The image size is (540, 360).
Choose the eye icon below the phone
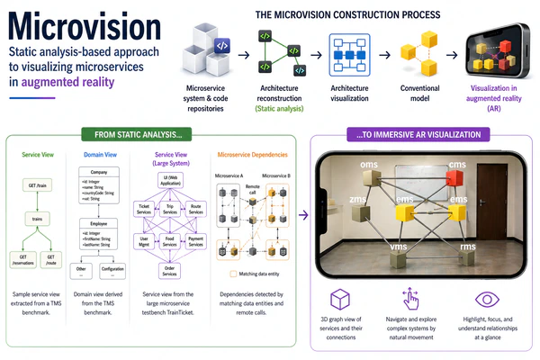[484, 300]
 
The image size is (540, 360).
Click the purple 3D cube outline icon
[341, 301]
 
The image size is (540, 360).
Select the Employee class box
[100, 221]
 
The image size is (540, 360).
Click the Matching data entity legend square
[233, 273]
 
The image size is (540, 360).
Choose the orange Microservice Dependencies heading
[251, 154]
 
